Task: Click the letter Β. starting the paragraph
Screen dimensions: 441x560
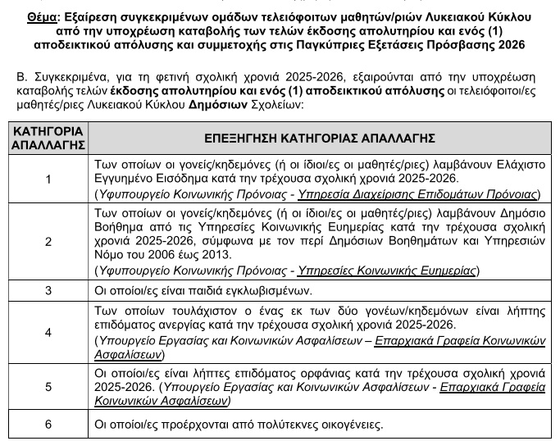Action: point(21,78)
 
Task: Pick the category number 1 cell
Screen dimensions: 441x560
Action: point(48,179)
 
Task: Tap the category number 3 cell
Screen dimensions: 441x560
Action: point(48,290)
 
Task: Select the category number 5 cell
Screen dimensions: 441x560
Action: point(48,386)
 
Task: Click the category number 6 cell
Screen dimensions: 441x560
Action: point(48,424)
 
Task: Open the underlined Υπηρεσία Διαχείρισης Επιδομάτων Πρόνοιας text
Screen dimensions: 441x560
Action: point(418,194)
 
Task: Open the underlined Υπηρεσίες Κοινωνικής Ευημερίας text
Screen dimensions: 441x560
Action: point(389,271)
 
